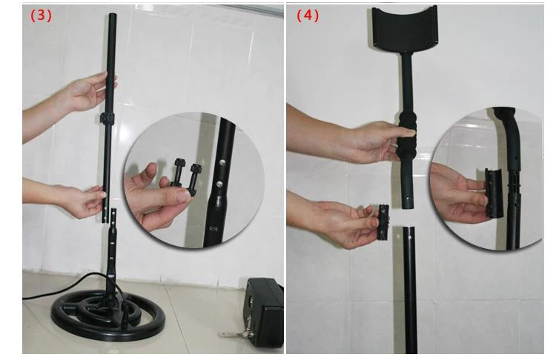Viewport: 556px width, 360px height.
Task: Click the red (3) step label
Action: point(41,16)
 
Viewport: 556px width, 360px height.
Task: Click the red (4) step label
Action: point(308,16)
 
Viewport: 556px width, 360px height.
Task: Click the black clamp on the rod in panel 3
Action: point(108,119)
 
